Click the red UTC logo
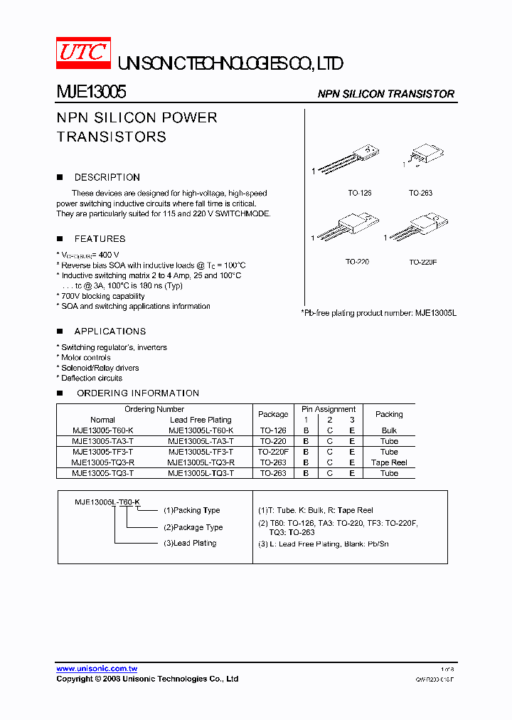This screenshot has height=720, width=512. [x=83, y=53]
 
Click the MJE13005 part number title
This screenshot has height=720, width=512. [x=92, y=92]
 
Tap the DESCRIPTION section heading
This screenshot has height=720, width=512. [x=107, y=177]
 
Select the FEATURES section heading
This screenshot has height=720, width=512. [x=100, y=239]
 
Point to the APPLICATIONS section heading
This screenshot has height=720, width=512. [x=110, y=332]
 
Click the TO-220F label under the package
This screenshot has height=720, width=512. [x=422, y=262]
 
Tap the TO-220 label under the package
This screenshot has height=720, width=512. [x=358, y=262]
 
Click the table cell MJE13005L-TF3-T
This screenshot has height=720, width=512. [x=201, y=452]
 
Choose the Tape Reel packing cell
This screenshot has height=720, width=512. [x=389, y=462]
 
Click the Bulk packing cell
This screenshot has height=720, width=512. [x=389, y=430]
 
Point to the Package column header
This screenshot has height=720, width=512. [x=273, y=414]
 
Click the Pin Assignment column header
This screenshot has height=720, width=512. [x=329, y=409]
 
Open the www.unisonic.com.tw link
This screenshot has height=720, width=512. [x=97, y=669]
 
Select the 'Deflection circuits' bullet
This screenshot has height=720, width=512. [x=91, y=378]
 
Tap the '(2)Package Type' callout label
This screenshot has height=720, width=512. [x=193, y=527]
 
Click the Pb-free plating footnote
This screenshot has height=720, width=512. [x=378, y=313]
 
